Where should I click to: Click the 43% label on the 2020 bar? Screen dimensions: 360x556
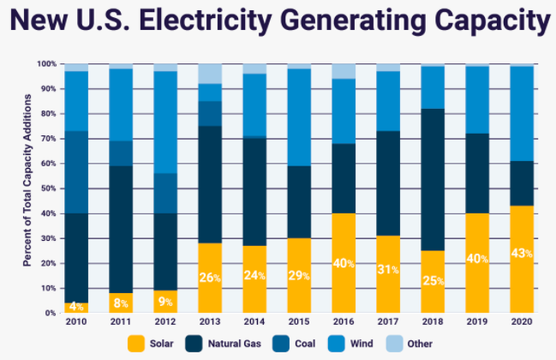(x=522, y=254)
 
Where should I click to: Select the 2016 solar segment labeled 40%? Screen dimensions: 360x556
(x=343, y=263)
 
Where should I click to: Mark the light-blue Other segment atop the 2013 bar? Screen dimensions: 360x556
(x=209, y=74)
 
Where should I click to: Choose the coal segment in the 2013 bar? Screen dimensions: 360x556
(x=209, y=114)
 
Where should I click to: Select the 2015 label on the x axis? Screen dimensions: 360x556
(x=298, y=323)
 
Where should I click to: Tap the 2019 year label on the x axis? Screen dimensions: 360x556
(x=476, y=323)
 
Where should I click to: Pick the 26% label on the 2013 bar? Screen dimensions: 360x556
(x=209, y=278)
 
